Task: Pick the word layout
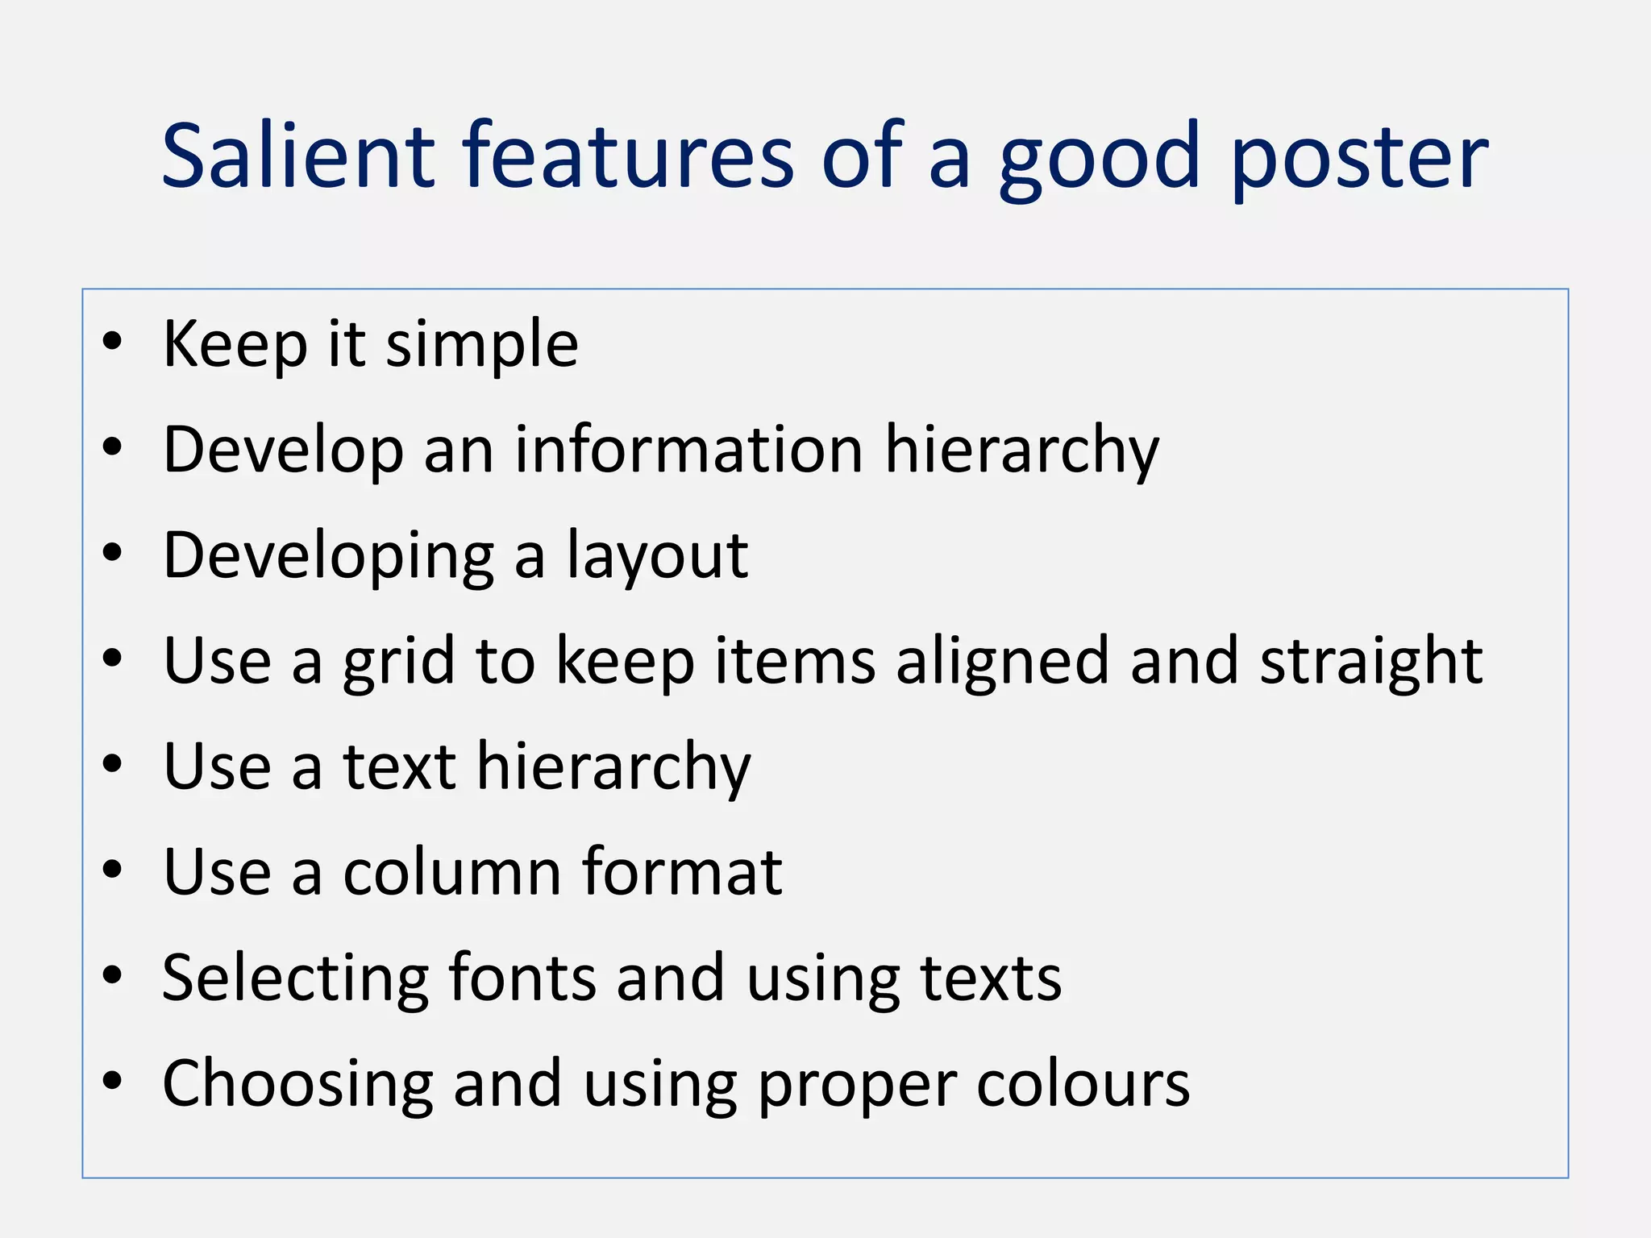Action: [657, 558]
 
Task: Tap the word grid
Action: [399, 663]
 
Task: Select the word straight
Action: [1370, 663]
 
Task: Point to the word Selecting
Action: [295, 980]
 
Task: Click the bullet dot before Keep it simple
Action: [112, 342]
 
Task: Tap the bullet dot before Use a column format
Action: [112, 870]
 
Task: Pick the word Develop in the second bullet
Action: [283, 451]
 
